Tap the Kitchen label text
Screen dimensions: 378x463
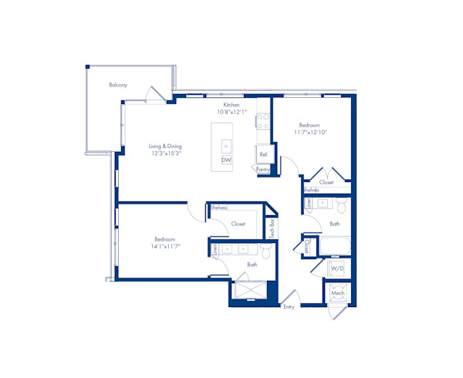(x=231, y=104)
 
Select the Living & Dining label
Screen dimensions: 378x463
(x=166, y=145)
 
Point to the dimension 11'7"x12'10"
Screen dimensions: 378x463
(x=310, y=132)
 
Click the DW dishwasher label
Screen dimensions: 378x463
(x=226, y=160)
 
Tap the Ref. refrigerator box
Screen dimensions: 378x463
(x=263, y=154)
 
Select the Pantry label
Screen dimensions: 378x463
(x=262, y=169)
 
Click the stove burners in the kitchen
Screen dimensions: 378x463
(x=263, y=120)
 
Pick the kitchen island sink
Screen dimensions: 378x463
(x=226, y=144)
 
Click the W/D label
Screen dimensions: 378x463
(x=336, y=268)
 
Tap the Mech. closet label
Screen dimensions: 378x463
(x=337, y=294)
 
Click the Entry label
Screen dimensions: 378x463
(x=289, y=306)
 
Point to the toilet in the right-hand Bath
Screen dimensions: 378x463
(x=340, y=205)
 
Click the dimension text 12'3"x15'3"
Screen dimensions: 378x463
(x=166, y=153)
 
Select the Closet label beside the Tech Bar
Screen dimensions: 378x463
(x=238, y=224)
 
